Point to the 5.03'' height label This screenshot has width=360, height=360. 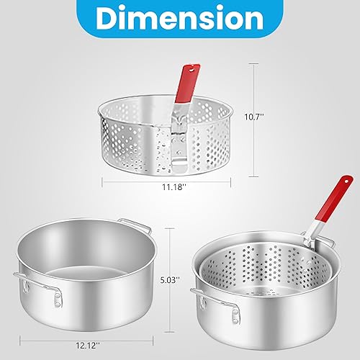point(186,274)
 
